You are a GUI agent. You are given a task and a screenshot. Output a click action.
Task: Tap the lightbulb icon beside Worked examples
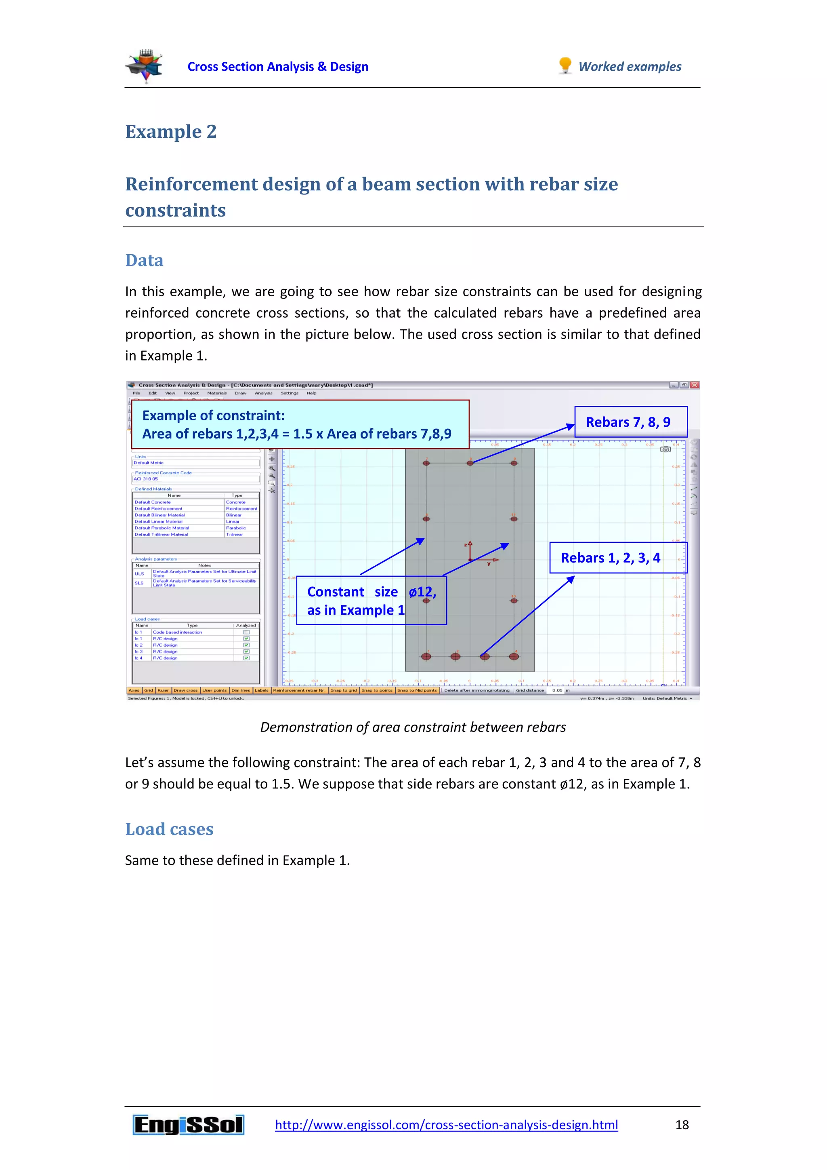click(x=565, y=66)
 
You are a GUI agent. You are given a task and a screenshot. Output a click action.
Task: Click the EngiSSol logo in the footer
click(x=189, y=1125)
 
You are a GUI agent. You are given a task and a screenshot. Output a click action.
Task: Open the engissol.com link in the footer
click(x=446, y=1125)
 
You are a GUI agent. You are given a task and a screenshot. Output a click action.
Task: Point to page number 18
click(x=682, y=1125)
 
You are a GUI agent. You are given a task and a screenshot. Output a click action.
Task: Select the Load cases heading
click(x=169, y=829)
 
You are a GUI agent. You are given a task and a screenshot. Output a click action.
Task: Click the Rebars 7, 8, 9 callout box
click(x=630, y=422)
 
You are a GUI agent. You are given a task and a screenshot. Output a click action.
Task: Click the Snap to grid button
click(x=343, y=691)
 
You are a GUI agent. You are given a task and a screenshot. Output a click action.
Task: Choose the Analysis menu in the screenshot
click(x=263, y=393)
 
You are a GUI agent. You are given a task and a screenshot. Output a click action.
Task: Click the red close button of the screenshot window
click(x=694, y=385)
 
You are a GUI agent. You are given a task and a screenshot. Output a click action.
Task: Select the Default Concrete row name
click(x=153, y=502)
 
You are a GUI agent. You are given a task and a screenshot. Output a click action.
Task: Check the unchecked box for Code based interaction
click(x=246, y=632)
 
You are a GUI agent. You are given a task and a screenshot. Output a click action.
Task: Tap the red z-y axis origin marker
click(x=470, y=559)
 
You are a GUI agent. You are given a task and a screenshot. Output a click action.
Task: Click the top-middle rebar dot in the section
click(x=470, y=463)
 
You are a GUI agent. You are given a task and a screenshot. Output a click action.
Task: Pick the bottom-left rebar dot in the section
click(x=426, y=656)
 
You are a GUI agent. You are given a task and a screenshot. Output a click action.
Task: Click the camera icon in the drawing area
click(x=665, y=449)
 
